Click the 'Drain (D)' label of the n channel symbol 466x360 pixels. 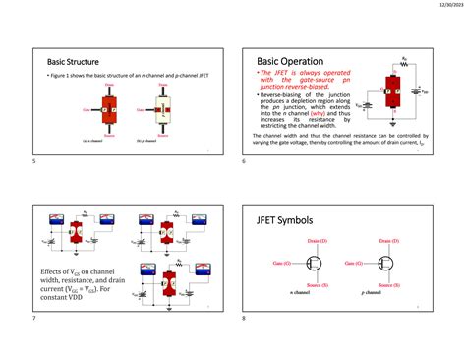click(319, 240)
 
